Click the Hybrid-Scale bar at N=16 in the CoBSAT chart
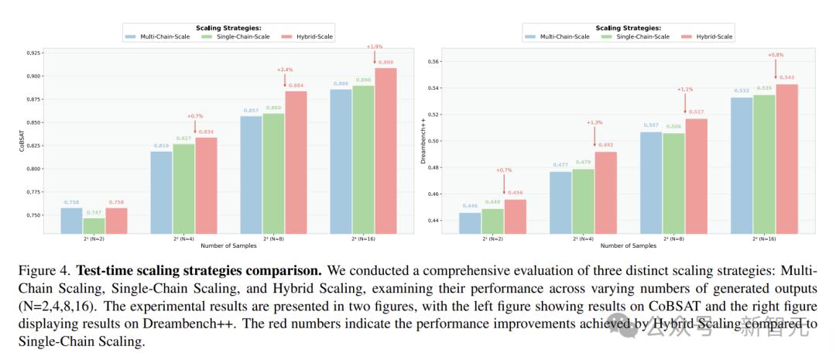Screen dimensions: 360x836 (385, 150)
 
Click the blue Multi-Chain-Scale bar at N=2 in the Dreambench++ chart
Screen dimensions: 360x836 (470, 223)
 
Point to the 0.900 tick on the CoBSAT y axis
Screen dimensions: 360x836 (33, 76)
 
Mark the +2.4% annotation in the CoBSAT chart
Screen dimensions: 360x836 (284, 70)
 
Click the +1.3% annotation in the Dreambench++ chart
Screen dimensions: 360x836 (594, 122)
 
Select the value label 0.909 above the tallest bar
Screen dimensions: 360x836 (385, 63)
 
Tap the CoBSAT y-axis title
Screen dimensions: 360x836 (22, 143)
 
